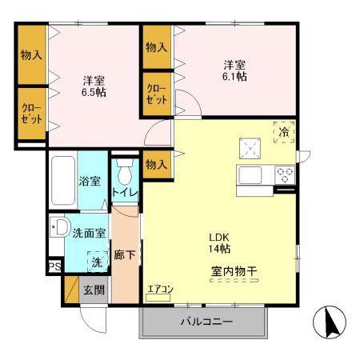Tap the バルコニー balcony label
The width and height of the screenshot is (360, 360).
point(206,322)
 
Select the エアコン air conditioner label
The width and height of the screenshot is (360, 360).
point(160,290)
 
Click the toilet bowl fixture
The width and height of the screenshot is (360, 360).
point(125,173)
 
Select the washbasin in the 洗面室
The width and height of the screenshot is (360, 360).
point(58,228)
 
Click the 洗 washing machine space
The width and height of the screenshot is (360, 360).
point(96,261)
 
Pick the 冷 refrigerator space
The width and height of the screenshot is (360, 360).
point(284,133)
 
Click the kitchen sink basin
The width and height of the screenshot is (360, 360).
point(250,174)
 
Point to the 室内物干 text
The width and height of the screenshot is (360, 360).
point(234,271)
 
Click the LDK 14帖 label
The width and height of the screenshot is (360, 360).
point(220,243)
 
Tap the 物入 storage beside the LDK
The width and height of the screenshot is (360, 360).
point(156,164)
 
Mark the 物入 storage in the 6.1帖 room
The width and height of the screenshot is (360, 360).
point(156,47)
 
